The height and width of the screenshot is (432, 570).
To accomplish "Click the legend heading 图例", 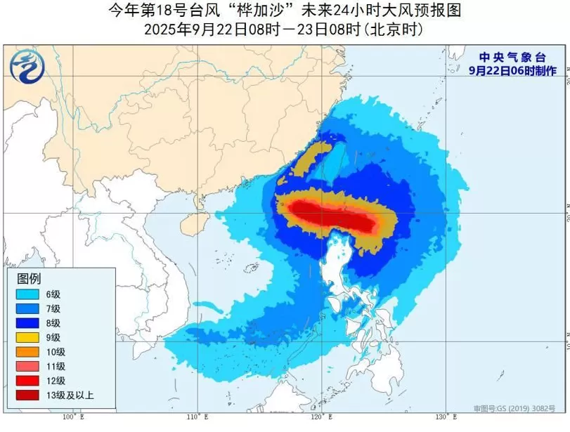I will [x=29, y=278].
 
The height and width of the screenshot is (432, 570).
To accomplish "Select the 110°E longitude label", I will [x=197, y=417].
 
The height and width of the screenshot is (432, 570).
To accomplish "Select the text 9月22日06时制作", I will [x=512, y=71].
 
